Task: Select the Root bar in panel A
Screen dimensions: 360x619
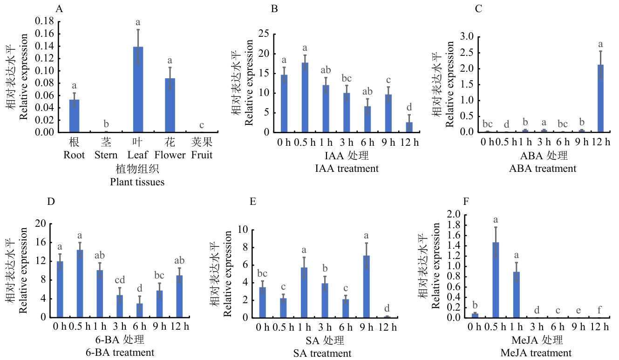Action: coord(74,116)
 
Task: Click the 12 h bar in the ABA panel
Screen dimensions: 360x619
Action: coord(600,98)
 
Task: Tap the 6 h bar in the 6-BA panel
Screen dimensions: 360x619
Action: coord(139,310)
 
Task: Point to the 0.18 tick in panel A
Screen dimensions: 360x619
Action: coord(47,21)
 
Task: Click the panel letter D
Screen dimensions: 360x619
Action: coord(52,202)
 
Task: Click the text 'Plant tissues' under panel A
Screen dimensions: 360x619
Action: coord(137,182)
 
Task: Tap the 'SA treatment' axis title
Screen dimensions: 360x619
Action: coord(322,353)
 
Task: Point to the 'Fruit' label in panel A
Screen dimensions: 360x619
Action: coord(201,155)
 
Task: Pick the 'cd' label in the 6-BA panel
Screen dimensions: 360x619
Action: coord(120,280)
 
